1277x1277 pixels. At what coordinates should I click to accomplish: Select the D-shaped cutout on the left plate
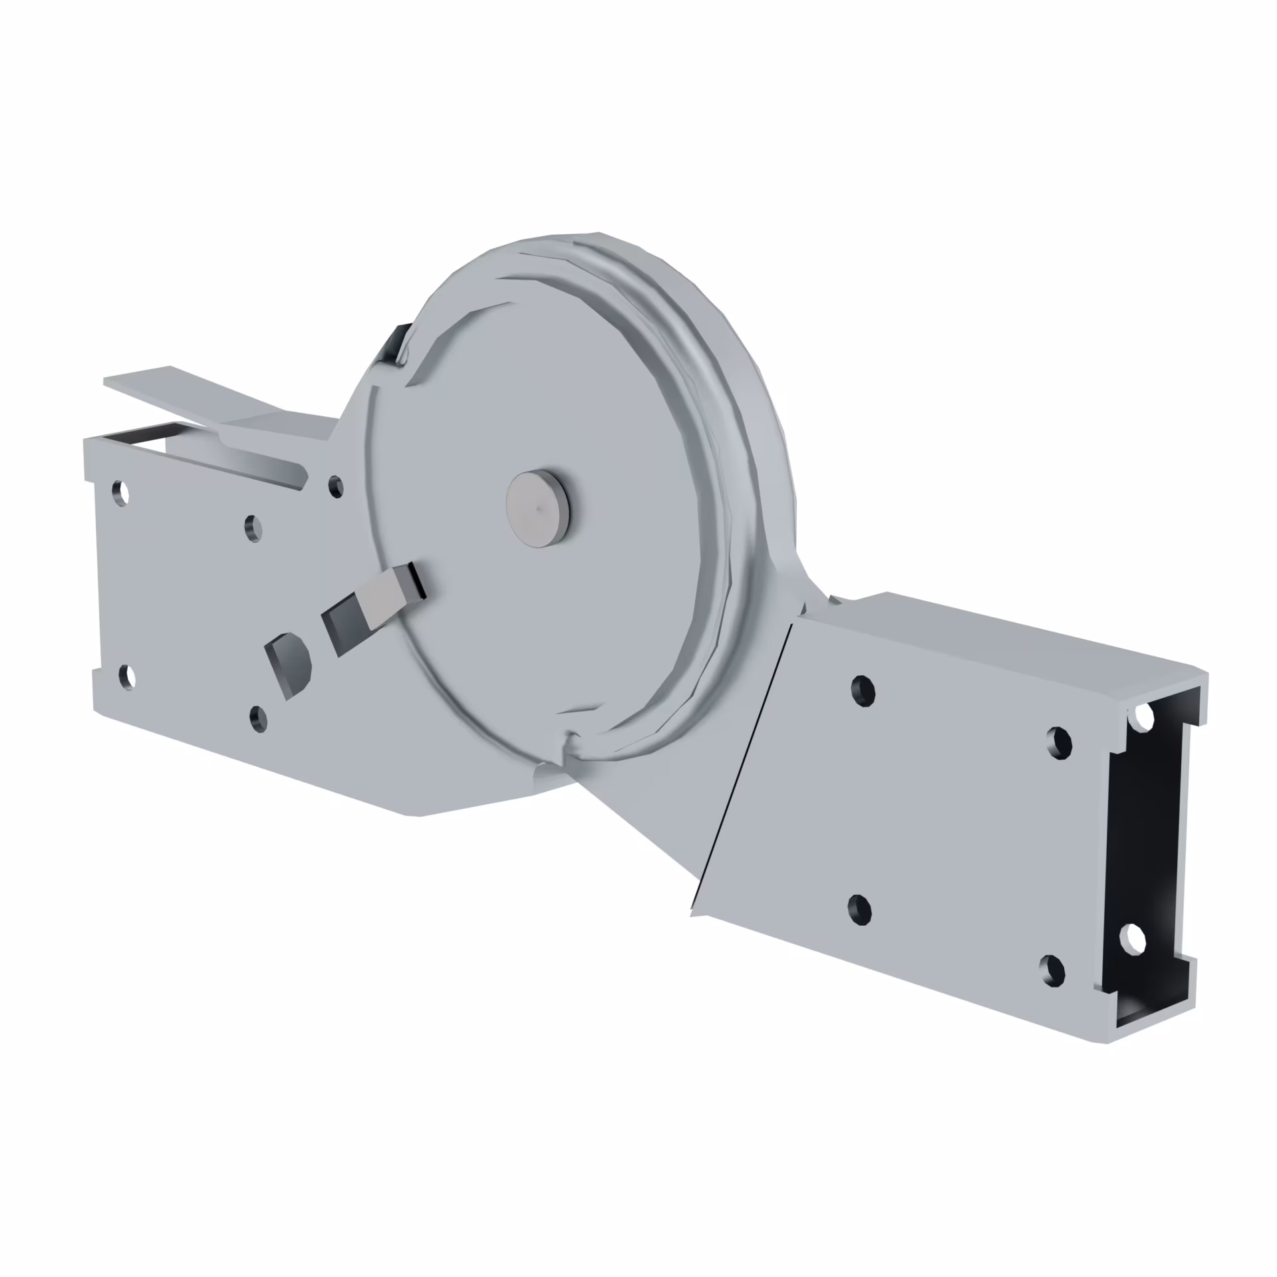tap(289, 661)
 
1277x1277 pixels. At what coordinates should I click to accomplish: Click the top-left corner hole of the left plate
tap(121, 493)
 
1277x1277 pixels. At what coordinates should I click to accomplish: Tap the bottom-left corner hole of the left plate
tap(126, 676)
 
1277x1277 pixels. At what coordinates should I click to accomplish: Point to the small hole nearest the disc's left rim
tap(336, 486)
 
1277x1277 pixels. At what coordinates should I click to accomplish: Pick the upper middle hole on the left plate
tap(253, 529)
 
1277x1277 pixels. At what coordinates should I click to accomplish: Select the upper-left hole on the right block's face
tap(863, 690)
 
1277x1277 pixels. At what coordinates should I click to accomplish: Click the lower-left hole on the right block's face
tap(859, 909)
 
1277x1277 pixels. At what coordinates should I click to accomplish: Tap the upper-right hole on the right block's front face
tap(1059, 742)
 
